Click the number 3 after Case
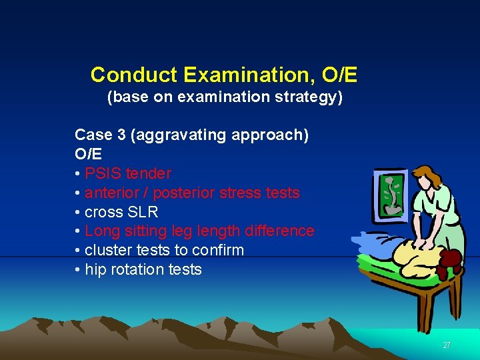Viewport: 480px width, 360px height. [x=121, y=135]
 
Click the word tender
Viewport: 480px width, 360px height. [x=149, y=174]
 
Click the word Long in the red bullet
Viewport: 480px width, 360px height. [x=101, y=231]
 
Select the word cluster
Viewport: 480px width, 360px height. [x=106, y=251]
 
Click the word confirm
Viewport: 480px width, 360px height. [x=220, y=251]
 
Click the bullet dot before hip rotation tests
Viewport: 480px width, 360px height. [x=78, y=270]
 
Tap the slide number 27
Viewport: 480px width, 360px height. [x=447, y=345]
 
